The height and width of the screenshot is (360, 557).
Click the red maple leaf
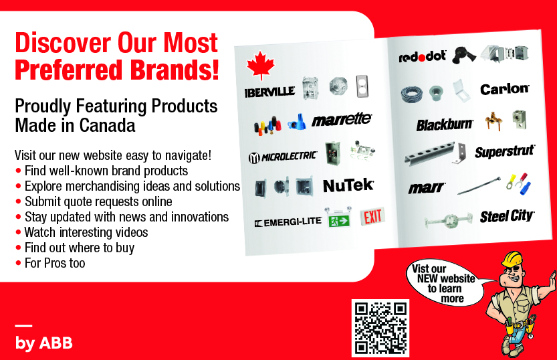coord(260,65)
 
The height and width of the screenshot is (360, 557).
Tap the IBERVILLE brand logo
coord(269,92)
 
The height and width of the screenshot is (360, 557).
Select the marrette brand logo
coord(342,119)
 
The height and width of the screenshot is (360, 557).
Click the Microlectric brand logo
coord(282,157)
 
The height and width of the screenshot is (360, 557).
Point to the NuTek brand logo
coord(348,185)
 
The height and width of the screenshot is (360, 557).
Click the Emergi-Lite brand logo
coord(288,222)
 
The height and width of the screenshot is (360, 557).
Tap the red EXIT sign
coord(372,216)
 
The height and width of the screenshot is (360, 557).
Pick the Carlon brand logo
coord(504,89)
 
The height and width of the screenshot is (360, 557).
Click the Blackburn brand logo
coord(445,124)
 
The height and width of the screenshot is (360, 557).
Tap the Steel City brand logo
coord(507,216)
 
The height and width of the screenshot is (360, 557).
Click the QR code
coord(380,328)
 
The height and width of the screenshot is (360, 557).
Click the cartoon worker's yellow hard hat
coord(512,259)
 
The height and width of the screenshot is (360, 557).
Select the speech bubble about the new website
coord(446,283)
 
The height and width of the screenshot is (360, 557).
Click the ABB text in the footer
coord(55,343)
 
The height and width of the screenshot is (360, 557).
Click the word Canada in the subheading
coord(107,125)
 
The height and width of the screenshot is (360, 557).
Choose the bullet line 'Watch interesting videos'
coord(82,232)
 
